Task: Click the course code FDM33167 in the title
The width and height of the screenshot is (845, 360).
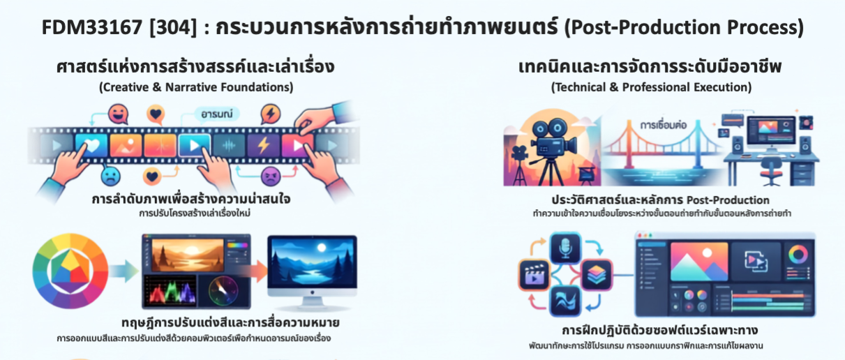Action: click(91, 27)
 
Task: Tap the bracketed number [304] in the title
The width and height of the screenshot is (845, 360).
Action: click(173, 28)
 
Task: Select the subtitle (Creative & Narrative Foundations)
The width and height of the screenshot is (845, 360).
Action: click(196, 87)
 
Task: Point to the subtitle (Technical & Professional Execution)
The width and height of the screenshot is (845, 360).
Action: click(651, 87)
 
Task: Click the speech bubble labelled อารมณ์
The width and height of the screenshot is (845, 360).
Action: click(217, 114)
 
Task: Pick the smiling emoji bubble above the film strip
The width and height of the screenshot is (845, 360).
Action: click(118, 114)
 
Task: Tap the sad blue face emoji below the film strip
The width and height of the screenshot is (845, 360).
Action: click(110, 177)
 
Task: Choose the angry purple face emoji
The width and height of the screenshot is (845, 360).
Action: click(271, 176)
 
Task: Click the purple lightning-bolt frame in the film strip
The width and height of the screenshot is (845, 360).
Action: click(263, 145)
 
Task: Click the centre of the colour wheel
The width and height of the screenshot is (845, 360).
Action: click(70, 271)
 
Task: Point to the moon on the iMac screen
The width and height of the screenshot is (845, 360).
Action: click(322, 248)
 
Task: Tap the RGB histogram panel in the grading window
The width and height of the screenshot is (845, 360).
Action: click(170, 290)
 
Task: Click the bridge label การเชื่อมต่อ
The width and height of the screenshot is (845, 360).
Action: click(663, 125)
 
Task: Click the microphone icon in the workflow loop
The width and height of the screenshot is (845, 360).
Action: click(565, 248)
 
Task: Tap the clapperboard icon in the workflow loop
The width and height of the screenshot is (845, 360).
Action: click(534, 274)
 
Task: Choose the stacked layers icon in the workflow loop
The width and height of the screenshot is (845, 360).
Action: click(597, 274)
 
